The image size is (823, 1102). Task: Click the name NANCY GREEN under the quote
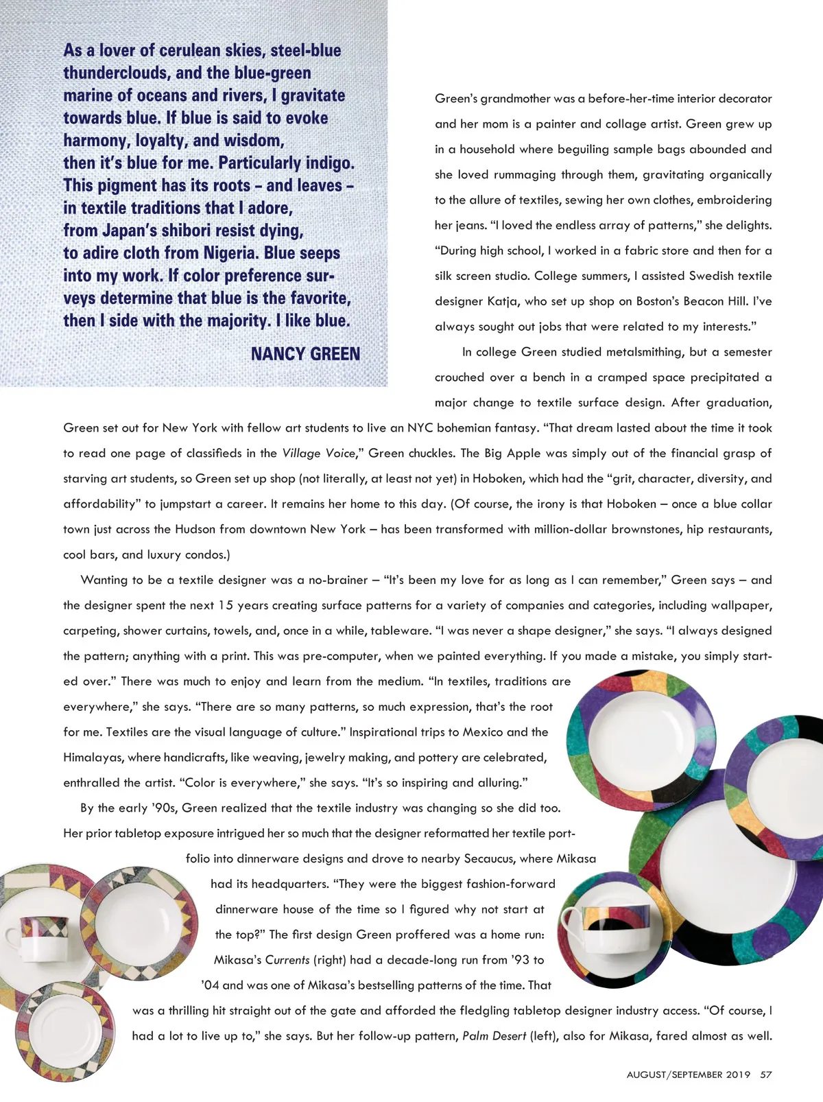(305, 354)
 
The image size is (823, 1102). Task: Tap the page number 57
(766, 1075)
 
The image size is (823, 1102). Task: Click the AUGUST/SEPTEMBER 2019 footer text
(688, 1075)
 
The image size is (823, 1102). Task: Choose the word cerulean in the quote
(200, 51)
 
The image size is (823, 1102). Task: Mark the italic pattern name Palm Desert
(494, 1035)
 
